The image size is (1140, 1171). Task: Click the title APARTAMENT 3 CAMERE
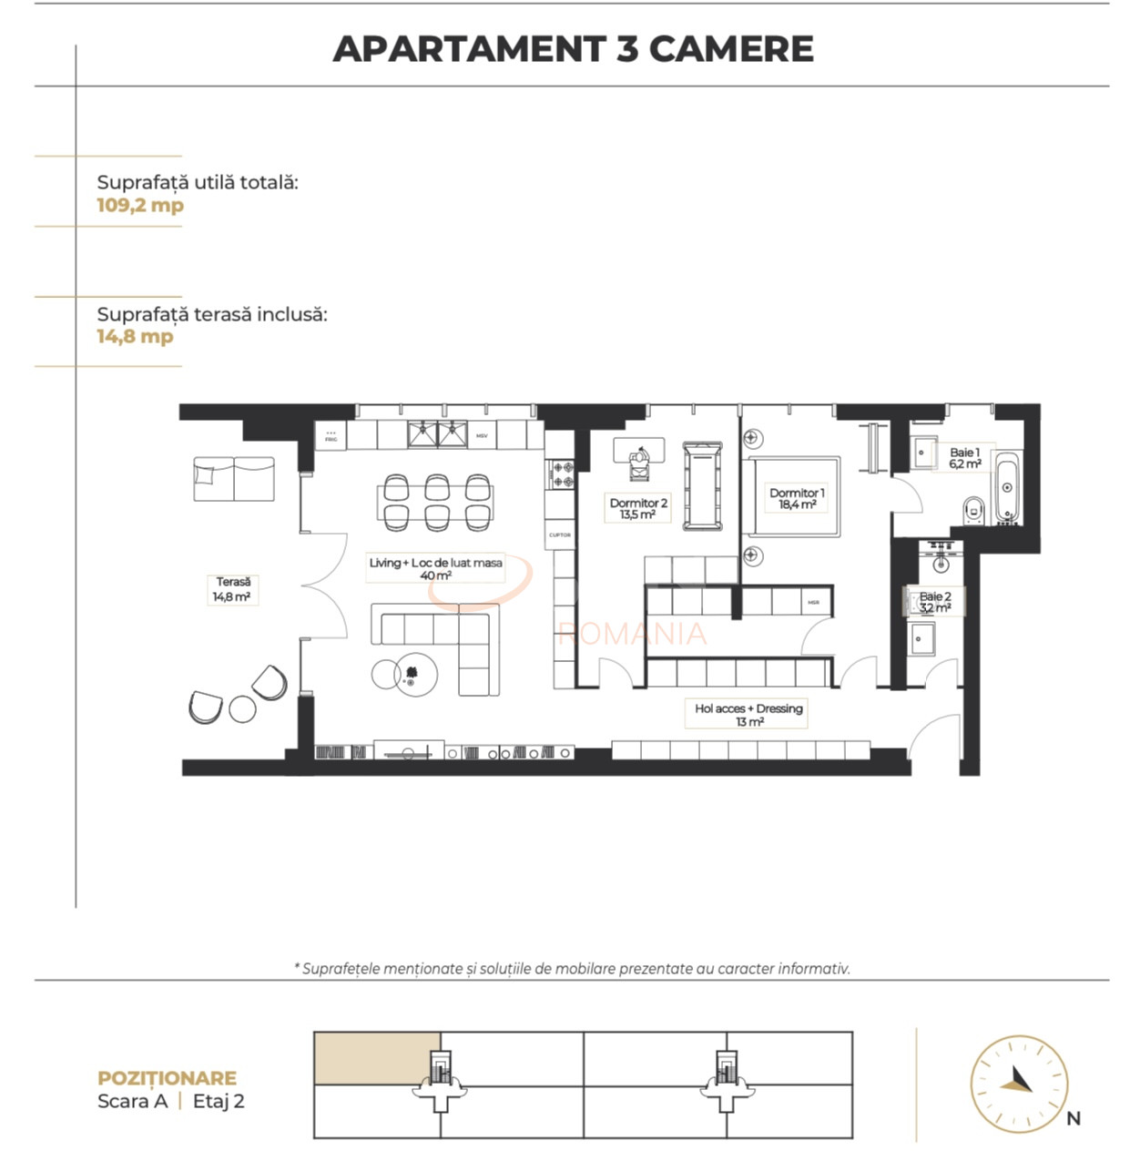(x=573, y=49)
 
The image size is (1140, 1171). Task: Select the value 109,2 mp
(x=140, y=205)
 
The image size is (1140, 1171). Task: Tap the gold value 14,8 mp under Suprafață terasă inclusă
(x=135, y=336)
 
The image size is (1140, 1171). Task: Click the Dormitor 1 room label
(x=797, y=498)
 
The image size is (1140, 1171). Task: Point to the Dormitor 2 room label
(x=638, y=508)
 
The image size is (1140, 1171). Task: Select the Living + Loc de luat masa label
(x=435, y=568)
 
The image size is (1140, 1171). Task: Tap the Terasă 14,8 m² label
(x=232, y=589)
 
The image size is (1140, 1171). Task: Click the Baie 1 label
(x=964, y=457)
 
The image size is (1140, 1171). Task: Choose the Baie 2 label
(x=935, y=602)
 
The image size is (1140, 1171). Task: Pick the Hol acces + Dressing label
(x=748, y=714)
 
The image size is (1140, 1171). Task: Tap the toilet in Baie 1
(x=972, y=510)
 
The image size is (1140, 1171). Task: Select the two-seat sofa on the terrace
(x=233, y=479)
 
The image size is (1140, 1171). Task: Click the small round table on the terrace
(x=242, y=708)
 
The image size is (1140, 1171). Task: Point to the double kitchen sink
(x=437, y=434)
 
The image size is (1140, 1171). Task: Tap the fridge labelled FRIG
(x=331, y=435)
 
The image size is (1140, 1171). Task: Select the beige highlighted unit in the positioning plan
(x=376, y=1058)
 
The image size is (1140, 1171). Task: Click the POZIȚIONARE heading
(x=167, y=1078)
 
